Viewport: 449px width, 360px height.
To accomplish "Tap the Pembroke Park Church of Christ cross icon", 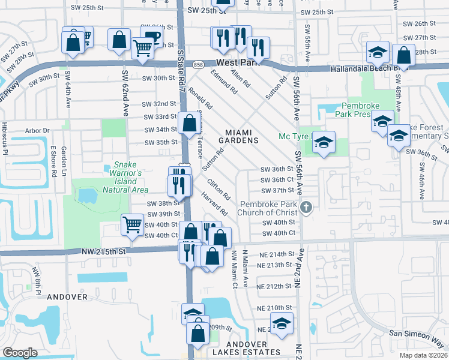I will [306, 208].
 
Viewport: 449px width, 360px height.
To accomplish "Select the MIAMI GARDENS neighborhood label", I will [242, 136].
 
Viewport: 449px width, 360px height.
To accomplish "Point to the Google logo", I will [20, 353].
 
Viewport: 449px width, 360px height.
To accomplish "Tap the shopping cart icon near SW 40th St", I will [132, 225].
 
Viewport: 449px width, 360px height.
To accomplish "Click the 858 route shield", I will [198, 63].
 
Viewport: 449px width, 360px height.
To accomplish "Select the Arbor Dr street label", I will [37, 130].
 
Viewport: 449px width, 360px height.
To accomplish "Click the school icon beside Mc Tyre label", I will [324, 143].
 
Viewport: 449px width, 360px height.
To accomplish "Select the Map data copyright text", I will [424, 355].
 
